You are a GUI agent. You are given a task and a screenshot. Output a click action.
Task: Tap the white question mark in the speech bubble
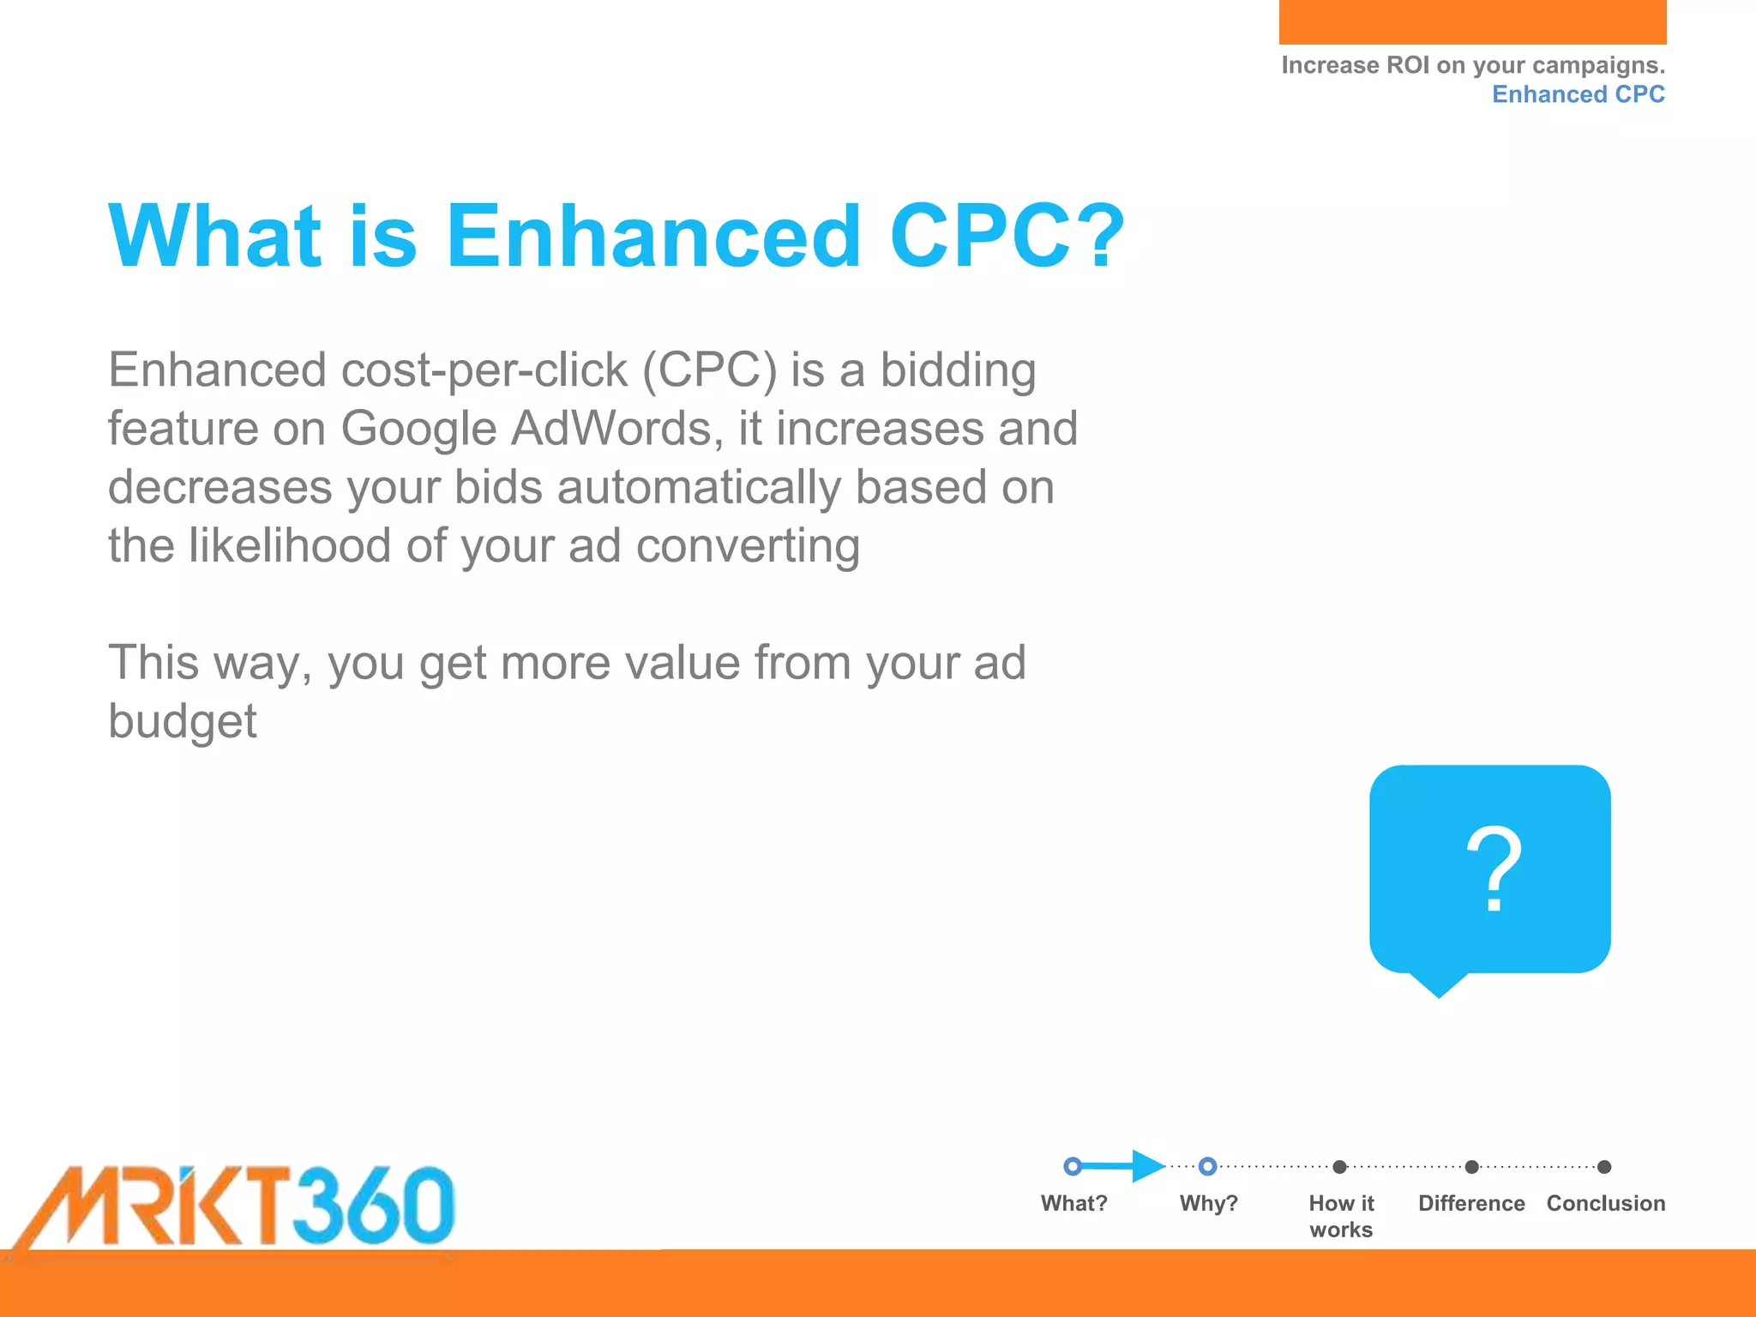pyautogui.click(x=1494, y=869)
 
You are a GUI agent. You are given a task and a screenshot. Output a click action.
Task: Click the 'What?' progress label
pyautogui.click(x=1073, y=1203)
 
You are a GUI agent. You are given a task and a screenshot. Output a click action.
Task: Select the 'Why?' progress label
pyautogui.click(x=1208, y=1203)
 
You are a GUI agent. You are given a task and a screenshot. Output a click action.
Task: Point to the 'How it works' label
pyautogui.click(x=1341, y=1216)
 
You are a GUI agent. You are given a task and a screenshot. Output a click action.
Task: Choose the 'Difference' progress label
pyautogui.click(x=1471, y=1203)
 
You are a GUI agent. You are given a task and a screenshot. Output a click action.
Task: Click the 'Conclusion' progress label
pyautogui.click(x=1605, y=1203)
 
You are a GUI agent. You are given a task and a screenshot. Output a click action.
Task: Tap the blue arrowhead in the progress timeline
pyautogui.click(x=1147, y=1166)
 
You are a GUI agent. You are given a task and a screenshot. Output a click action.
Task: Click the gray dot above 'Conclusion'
pyautogui.click(x=1604, y=1167)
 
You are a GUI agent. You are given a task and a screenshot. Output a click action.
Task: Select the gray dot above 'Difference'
pyautogui.click(x=1471, y=1167)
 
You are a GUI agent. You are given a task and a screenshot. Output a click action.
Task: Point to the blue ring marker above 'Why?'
pyautogui.click(x=1207, y=1166)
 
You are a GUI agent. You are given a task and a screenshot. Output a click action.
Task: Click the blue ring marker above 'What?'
pyautogui.click(x=1072, y=1166)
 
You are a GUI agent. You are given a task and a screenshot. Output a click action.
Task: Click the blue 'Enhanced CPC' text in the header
pyautogui.click(x=1578, y=94)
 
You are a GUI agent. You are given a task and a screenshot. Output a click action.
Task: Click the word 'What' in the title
pyautogui.click(x=214, y=236)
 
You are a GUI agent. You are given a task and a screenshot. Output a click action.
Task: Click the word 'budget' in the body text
pyautogui.click(x=182, y=721)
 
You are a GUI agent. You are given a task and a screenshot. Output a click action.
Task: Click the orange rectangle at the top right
pyautogui.click(x=1472, y=21)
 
